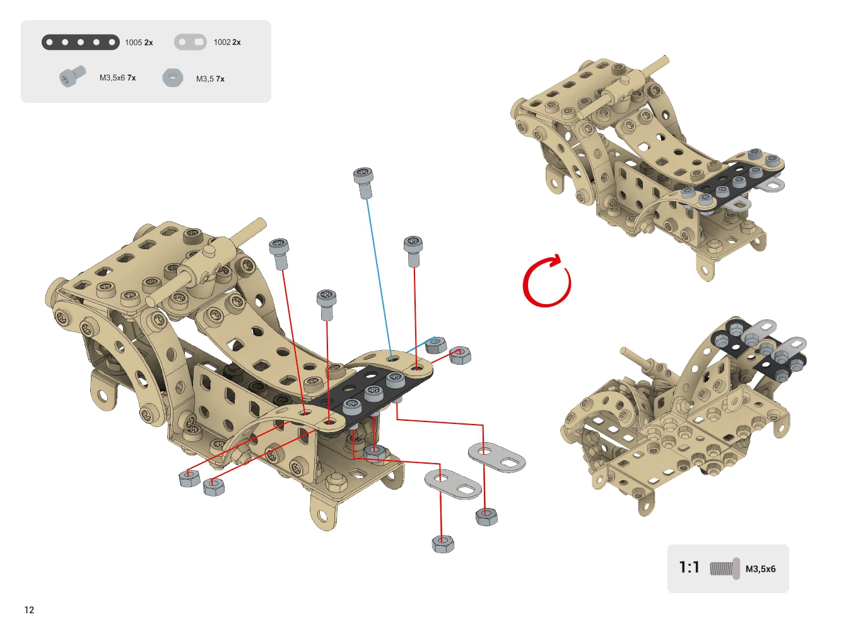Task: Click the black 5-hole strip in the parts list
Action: pos(81,42)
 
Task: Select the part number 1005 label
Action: pos(134,42)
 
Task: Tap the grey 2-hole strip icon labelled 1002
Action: pos(191,42)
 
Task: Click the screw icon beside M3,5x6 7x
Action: pos(73,76)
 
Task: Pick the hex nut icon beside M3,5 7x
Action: pos(173,78)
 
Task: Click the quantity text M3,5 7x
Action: pos(210,79)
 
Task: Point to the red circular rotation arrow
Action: pos(547,281)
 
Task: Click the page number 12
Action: pos(29,610)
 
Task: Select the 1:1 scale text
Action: pos(689,567)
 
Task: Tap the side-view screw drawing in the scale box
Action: pos(724,568)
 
